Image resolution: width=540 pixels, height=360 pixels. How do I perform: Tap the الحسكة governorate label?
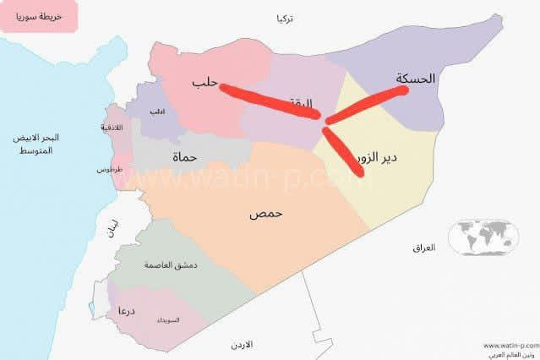415,79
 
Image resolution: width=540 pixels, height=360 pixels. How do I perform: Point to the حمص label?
265,213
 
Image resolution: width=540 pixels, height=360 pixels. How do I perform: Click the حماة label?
184,157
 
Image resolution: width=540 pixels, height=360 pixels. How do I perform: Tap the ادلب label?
157,112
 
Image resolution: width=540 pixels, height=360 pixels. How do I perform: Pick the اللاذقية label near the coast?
112,128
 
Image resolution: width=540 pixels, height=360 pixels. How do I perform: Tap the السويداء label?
168,320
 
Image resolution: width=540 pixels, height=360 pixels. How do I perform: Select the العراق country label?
423,248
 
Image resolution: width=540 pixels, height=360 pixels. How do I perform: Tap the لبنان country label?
112,229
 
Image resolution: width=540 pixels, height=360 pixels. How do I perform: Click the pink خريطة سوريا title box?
39,16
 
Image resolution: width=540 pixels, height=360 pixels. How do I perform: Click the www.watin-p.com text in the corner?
511,345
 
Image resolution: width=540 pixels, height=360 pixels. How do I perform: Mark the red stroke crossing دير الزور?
345,152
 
